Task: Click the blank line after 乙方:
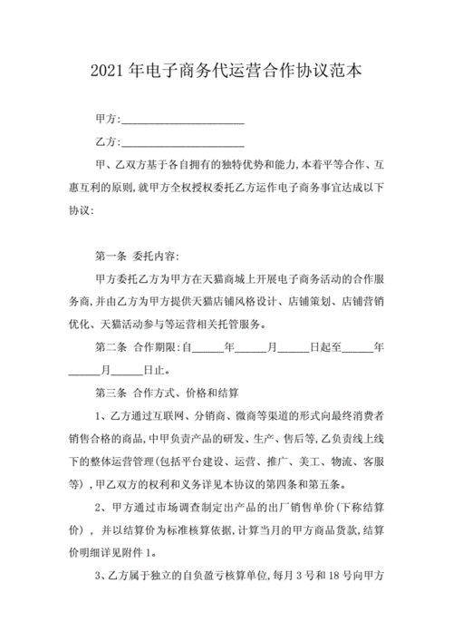tap(182, 142)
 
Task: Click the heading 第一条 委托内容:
tap(137, 253)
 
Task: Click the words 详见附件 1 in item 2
tap(127, 550)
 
